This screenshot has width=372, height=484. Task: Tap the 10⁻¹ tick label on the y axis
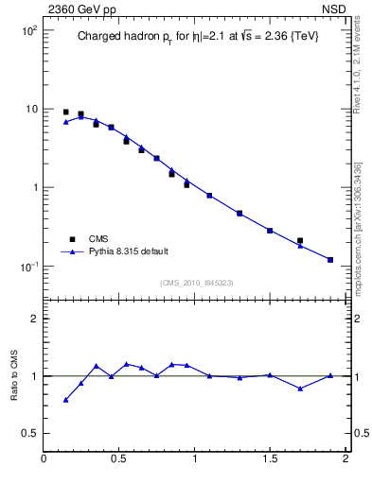click(x=26, y=267)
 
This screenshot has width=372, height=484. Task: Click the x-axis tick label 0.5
click(x=119, y=459)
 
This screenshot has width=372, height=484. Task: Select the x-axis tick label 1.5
click(x=270, y=459)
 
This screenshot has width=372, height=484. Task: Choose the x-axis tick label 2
click(x=345, y=459)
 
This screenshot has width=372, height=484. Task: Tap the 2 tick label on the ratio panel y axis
click(x=33, y=319)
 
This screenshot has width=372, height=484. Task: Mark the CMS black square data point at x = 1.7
click(x=300, y=241)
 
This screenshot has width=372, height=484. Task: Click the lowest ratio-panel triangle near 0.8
click(x=65, y=400)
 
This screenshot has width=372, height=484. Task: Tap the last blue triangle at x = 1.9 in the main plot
click(x=330, y=259)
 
